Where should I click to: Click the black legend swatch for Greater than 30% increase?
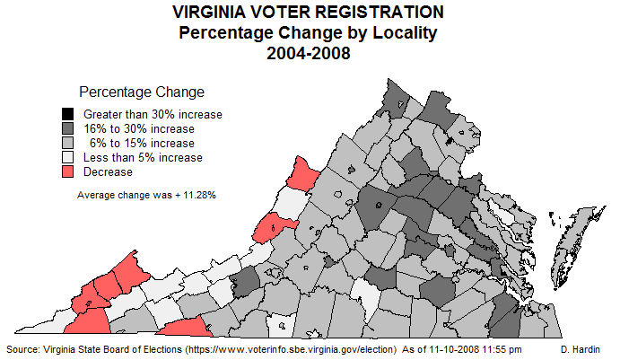coord(67,114)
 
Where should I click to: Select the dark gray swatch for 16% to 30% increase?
coord(67,128)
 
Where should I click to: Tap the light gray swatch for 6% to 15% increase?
coord(67,143)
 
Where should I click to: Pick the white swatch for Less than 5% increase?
coord(67,157)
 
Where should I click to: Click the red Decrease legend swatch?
coord(67,171)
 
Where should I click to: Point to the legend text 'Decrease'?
coord(108,171)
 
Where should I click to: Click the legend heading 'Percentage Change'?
coord(142,92)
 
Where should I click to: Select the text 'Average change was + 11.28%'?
coord(146,195)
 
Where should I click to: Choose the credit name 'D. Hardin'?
coord(582,347)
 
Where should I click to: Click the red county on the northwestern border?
coord(303,171)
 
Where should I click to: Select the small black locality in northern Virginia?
coord(450,141)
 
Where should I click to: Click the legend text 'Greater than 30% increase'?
coord(153,114)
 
